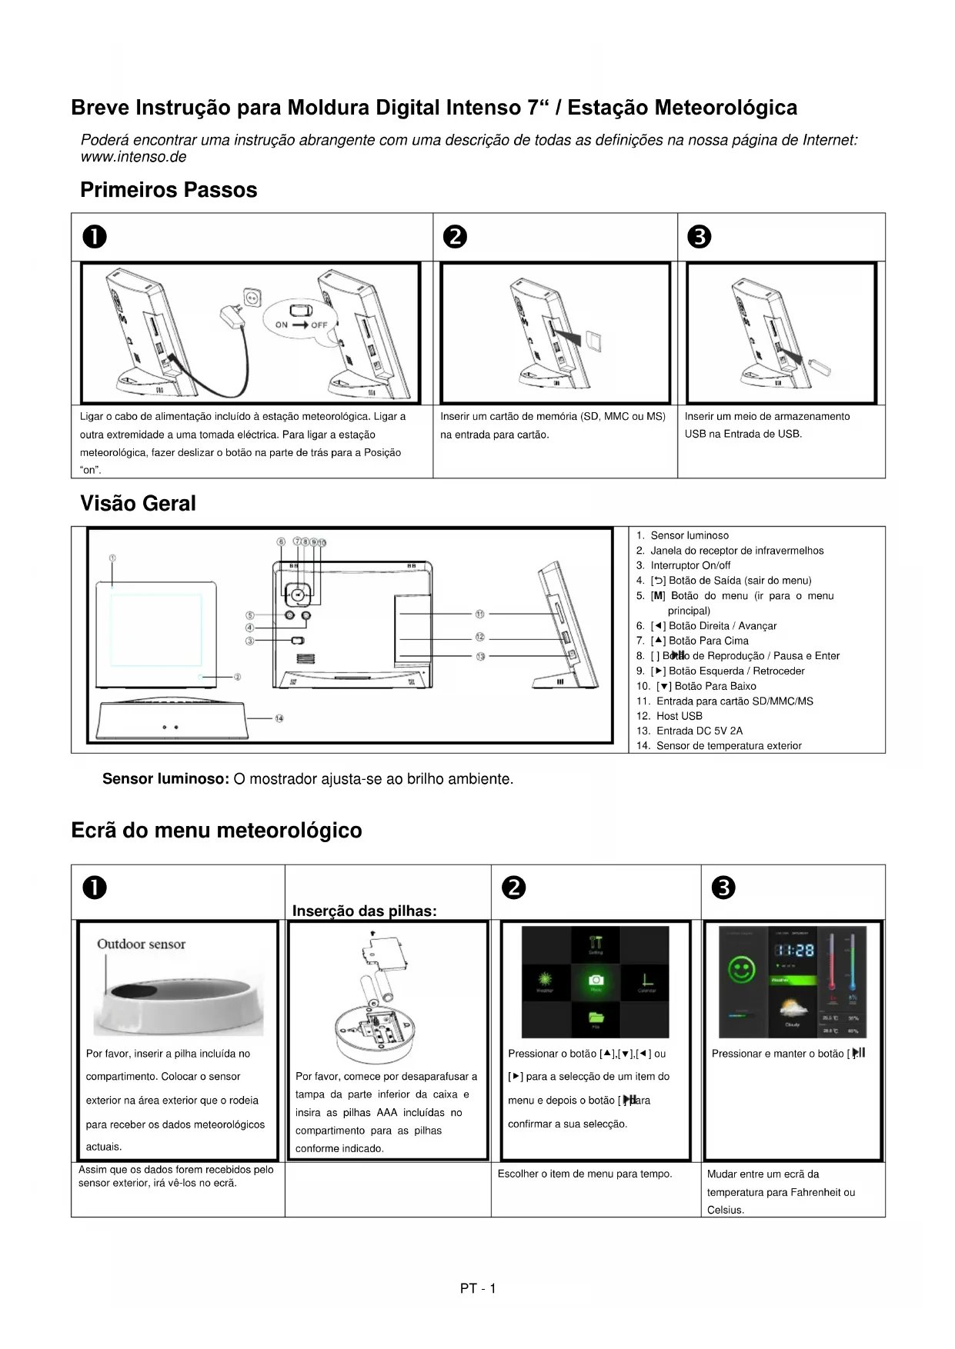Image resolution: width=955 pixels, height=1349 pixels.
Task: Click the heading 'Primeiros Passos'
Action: pyautogui.click(x=169, y=190)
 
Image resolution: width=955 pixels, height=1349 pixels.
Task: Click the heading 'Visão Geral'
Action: pyautogui.click(x=138, y=504)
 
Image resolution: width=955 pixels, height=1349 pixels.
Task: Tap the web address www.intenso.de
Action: pyautogui.click(x=133, y=157)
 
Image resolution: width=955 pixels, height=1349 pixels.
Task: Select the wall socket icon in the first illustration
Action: pyautogui.click(x=252, y=297)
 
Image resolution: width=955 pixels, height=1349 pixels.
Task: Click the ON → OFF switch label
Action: pyautogui.click(x=301, y=325)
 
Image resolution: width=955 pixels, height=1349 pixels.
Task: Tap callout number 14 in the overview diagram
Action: pyautogui.click(x=279, y=718)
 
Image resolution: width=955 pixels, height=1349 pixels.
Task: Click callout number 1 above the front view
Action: pyautogui.click(x=112, y=558)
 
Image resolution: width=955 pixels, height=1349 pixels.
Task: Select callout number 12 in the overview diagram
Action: pyautogui.click(x=480, y=637)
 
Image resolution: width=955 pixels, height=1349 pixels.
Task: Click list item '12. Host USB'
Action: pyautogui.click(x=670, y=716)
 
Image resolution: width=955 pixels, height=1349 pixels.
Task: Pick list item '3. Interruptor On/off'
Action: pyautogui.click(x=683, y=565)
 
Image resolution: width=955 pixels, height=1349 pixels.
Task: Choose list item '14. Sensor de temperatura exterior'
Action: pyautogui.click(x=719, y=746)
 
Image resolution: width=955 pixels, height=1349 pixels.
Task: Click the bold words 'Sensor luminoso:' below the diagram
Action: pyautogui.click(x=165, y=779)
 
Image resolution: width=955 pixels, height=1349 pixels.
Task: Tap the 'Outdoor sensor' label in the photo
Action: pyautogui.click(x=141, y=944)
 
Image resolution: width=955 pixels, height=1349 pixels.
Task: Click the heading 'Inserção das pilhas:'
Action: pyautogui.click(x=364, y=911)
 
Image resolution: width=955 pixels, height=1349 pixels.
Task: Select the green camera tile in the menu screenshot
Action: pyautogui.click(x=596, y=981)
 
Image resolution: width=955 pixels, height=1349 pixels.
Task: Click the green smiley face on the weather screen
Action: pyautogui.click(x=742, y=969)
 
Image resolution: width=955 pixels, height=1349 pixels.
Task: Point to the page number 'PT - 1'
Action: pyautogui.click(x=478, y=1288)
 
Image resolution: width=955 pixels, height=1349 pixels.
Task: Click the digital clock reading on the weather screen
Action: pyautogui.click(x=793, y=951)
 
